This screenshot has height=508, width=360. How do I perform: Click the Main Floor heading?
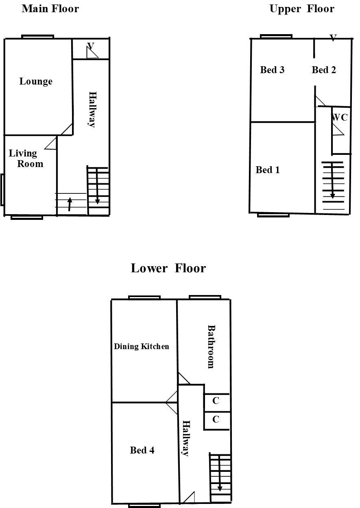(x=50, y=9)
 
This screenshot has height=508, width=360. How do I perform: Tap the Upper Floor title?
(x=302, y=9)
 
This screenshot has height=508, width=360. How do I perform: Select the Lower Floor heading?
(x=168, y=268)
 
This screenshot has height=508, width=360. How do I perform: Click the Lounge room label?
(x=36, y=82)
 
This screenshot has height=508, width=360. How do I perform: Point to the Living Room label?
(x=26, y=158)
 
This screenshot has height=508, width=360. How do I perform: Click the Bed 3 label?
(x=272, y=70)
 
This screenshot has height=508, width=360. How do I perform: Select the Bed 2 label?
(x=324, y=70)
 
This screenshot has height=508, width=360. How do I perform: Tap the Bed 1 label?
(x=268, y=170)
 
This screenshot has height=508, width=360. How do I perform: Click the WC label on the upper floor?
(x=339, y=117)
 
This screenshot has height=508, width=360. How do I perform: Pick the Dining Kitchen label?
(x=142, y=347)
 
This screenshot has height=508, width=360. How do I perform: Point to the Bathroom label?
(x=212, y=347)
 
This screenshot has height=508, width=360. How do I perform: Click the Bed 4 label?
(x=142, y=450)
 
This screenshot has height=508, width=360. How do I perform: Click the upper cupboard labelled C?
(x=216, y=401)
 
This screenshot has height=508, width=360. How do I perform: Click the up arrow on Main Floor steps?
(x=70, y=204)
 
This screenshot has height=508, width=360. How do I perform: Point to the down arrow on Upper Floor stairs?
(x=332, y=180)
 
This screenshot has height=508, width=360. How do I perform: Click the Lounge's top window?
(x=38, y=37)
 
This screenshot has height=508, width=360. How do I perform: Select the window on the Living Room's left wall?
(x=2, y=190)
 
